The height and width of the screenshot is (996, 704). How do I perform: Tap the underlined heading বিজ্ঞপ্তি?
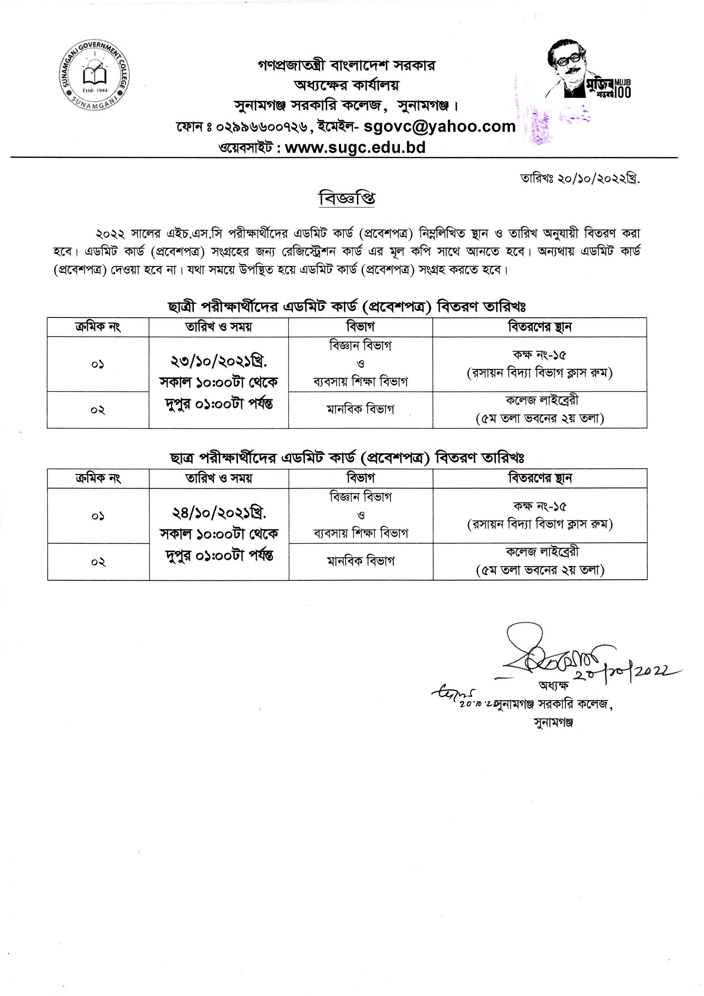[x=347, y=199]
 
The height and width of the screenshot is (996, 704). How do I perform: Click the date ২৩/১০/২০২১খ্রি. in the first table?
[x=219, y=361]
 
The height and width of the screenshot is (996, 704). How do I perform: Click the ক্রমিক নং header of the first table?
[x=98, y=327]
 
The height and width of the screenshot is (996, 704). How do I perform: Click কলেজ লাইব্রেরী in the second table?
[x=542, y=552]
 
